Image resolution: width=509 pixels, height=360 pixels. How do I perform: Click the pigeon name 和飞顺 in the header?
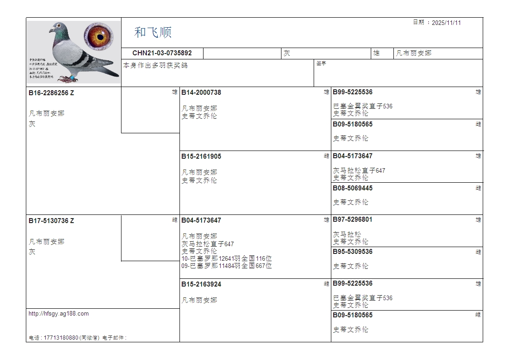click(153, 32)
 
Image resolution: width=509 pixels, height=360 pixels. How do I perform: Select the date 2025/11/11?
click(446, 23)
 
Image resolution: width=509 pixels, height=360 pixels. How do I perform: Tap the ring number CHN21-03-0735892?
click(162, 53)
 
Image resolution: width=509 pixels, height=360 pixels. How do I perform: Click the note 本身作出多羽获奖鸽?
click(155, 65)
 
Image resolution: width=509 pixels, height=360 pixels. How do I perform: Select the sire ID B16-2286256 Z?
click(51, 93)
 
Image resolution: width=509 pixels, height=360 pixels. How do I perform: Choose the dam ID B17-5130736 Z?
click(51, 221)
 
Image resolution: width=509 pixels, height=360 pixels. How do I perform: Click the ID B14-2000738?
click(201, 92)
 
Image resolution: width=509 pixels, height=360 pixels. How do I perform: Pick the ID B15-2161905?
click(201, 156)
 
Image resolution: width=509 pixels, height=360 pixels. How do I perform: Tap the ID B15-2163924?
click(201, 284)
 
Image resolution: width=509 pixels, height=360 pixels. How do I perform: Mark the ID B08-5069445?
click(353, 188)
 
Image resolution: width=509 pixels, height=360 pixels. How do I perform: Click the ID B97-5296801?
click(353, 219)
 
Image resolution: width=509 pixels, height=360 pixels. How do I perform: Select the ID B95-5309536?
click(353, 252)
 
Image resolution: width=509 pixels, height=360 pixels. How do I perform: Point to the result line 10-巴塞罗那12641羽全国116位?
click(227, 258)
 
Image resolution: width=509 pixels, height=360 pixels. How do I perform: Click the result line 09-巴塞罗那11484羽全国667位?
click(227, 266)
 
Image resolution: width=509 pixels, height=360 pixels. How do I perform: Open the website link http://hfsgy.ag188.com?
click(58, 314)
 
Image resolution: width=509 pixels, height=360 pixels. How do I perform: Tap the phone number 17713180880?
click(60, 338)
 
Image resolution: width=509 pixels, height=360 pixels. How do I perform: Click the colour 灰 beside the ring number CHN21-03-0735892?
click(287, 54)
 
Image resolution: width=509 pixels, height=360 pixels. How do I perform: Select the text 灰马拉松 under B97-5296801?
click(347, 234)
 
